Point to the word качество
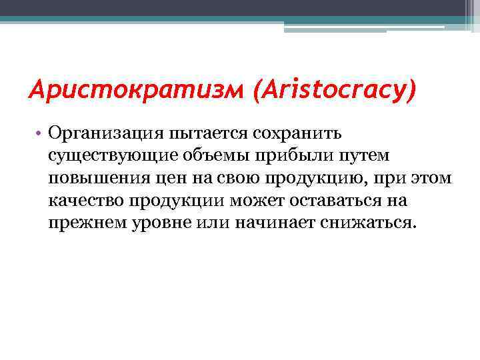coord(83,200)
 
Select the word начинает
coord(267,222)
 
